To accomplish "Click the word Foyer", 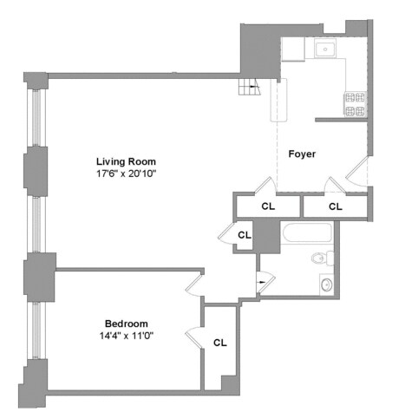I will [x=302, y=154].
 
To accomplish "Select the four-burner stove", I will [x=355, y=104].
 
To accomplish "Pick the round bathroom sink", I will [x=326, y=284].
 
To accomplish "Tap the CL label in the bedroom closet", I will [x=220, y=343].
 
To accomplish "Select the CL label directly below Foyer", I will [x=268, y=206].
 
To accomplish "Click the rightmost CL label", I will [x=335, y=206].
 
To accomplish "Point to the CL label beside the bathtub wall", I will [x=245, y=235].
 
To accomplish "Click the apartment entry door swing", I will [x=356, y=173].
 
